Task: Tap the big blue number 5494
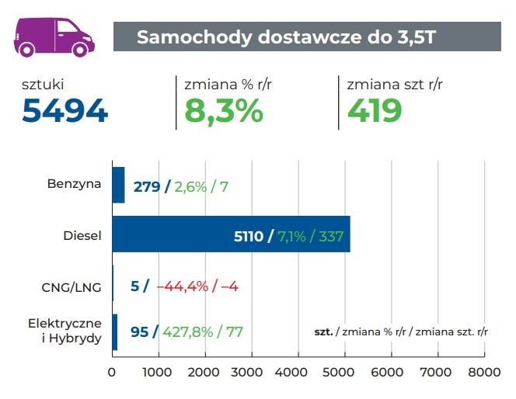point(64,111)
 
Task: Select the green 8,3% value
point(224,111)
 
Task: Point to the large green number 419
point(374,111)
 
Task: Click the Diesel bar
point(231,235)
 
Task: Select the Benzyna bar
point(118,186)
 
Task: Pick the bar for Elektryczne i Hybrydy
point(115,331)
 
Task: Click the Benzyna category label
point(74,186)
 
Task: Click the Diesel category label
point(82,235)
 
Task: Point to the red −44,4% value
point(183,286)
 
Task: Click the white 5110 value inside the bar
point(249,235)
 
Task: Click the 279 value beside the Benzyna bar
point(146,186)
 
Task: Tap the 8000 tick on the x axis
point(483,373)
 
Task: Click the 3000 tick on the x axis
point(251,373)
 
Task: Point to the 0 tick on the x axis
point(113,373)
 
